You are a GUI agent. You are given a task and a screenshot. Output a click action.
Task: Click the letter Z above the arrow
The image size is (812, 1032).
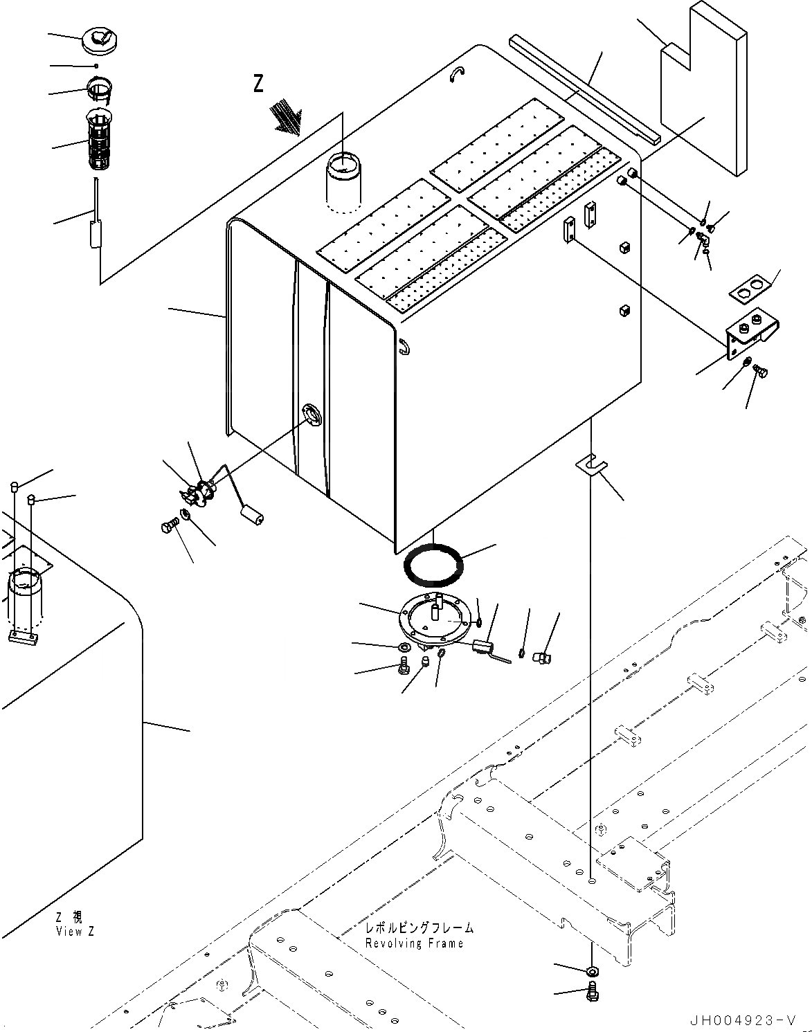258,84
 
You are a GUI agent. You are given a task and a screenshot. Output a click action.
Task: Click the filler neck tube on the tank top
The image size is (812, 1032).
343,181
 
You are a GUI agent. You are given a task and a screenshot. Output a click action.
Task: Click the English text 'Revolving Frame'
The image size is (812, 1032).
415,943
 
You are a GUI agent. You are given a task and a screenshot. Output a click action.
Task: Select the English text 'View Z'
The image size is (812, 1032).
75,932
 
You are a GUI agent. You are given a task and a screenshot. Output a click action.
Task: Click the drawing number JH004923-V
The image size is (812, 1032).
742,1020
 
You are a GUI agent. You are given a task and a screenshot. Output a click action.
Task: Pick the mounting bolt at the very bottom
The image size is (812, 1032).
593,991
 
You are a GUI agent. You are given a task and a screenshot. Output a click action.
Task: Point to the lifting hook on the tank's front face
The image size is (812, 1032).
404,345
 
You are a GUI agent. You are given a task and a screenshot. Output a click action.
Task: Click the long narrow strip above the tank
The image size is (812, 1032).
584,89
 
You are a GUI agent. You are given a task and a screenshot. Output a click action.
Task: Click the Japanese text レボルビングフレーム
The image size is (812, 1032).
420,928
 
